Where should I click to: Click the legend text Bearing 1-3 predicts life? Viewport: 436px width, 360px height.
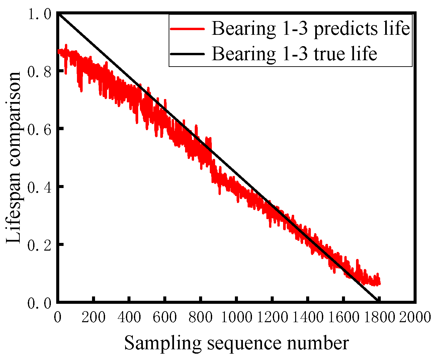[311, 29]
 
